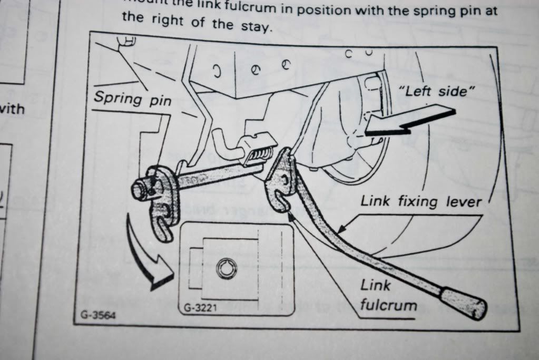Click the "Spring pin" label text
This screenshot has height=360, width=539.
pos(132,98)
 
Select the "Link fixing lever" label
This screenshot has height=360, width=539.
pos(421,200)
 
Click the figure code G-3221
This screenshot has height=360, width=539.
pos(199,307)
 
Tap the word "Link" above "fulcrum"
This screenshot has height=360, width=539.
pos(376,285)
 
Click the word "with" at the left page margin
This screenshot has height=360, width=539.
pos(12,110)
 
